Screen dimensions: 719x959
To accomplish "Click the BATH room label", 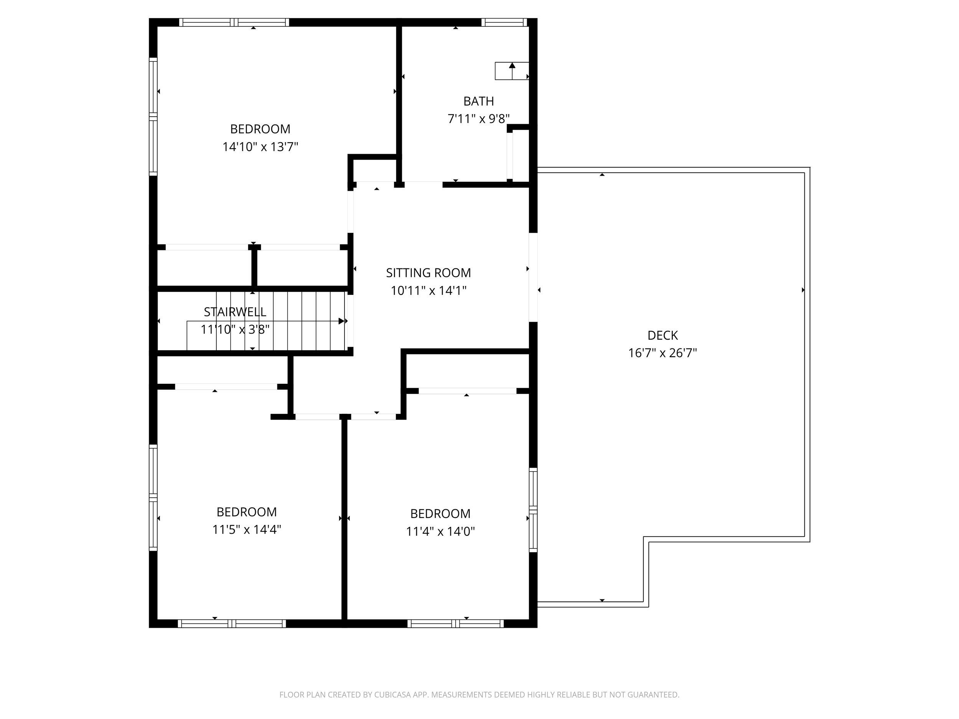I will pos(478,101).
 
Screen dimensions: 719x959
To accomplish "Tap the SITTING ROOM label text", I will pos(428,273).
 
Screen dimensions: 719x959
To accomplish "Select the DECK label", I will pos(662,335).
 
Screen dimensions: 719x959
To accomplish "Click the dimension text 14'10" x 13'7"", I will pos(260,147).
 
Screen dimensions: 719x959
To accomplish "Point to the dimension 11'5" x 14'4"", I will pos(246,530).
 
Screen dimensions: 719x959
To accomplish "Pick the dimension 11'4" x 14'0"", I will pos(440,531).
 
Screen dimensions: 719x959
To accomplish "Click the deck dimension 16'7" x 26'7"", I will pos(662,353).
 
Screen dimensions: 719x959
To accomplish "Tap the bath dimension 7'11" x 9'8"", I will pos(478,119).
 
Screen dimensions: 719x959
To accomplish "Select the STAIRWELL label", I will pos(235,312).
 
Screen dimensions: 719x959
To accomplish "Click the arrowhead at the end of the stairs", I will pos(342,321).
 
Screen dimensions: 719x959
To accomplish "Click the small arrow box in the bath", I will pos(512,71).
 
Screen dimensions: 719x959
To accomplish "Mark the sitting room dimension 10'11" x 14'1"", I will pos(428,290).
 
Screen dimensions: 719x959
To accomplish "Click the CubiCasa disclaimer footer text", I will pos(479,695).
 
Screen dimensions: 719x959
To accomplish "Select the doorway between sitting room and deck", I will pos(533,277).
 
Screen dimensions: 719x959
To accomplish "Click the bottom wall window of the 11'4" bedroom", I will pos(455,624).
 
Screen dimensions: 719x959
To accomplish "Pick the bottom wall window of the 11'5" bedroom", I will pos(232,624).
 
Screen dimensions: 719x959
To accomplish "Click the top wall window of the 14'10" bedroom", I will pos(234,22).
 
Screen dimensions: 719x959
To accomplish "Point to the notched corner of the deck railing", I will pos(646,540).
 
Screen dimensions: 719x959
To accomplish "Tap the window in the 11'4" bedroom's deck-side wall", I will pos(533,510).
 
